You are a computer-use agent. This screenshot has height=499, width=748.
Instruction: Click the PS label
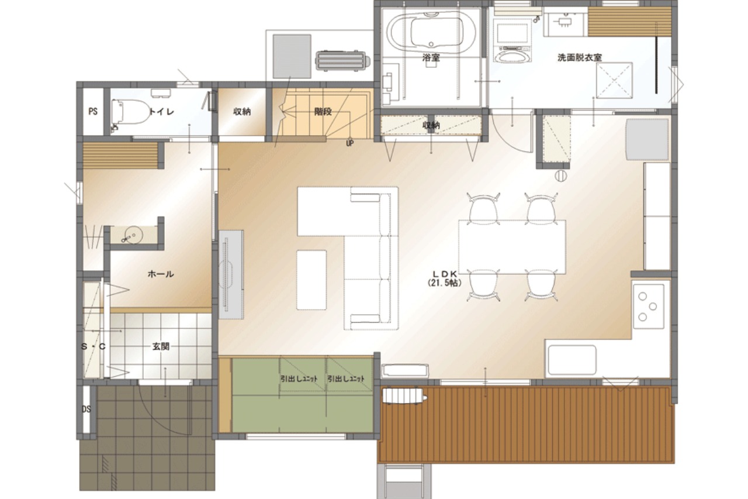(x=93, y=111)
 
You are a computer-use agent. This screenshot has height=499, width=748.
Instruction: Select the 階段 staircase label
(x=323, y=112)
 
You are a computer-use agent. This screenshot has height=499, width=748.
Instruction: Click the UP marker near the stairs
(x=349, y=143)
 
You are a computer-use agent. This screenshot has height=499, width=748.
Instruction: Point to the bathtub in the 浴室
(x=431, y=32)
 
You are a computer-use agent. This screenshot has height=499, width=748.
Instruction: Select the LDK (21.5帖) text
(x=445, y=278)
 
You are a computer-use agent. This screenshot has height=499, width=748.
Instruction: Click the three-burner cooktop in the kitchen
(x=648, y=307)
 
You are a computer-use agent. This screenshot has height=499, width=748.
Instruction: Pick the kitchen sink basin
(x=572, y=360)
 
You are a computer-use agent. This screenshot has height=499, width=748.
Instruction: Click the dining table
(x=512, y=247)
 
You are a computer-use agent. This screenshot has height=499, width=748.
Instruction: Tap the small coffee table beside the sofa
(x=311, y=280)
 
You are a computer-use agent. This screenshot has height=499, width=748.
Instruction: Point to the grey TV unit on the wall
(x=231, y=274)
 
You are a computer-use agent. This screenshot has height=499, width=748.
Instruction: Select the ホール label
(x=161, y=274)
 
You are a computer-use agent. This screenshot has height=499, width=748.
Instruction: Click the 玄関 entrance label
(x=161, y=346)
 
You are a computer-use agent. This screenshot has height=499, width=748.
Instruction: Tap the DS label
(x=86, y=409)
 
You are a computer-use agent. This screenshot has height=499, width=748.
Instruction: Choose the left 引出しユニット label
(x=299, y=379)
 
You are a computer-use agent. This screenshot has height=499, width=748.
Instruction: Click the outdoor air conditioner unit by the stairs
(x=342, y=61)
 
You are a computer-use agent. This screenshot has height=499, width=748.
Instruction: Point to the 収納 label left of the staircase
(x=242, y=112)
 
